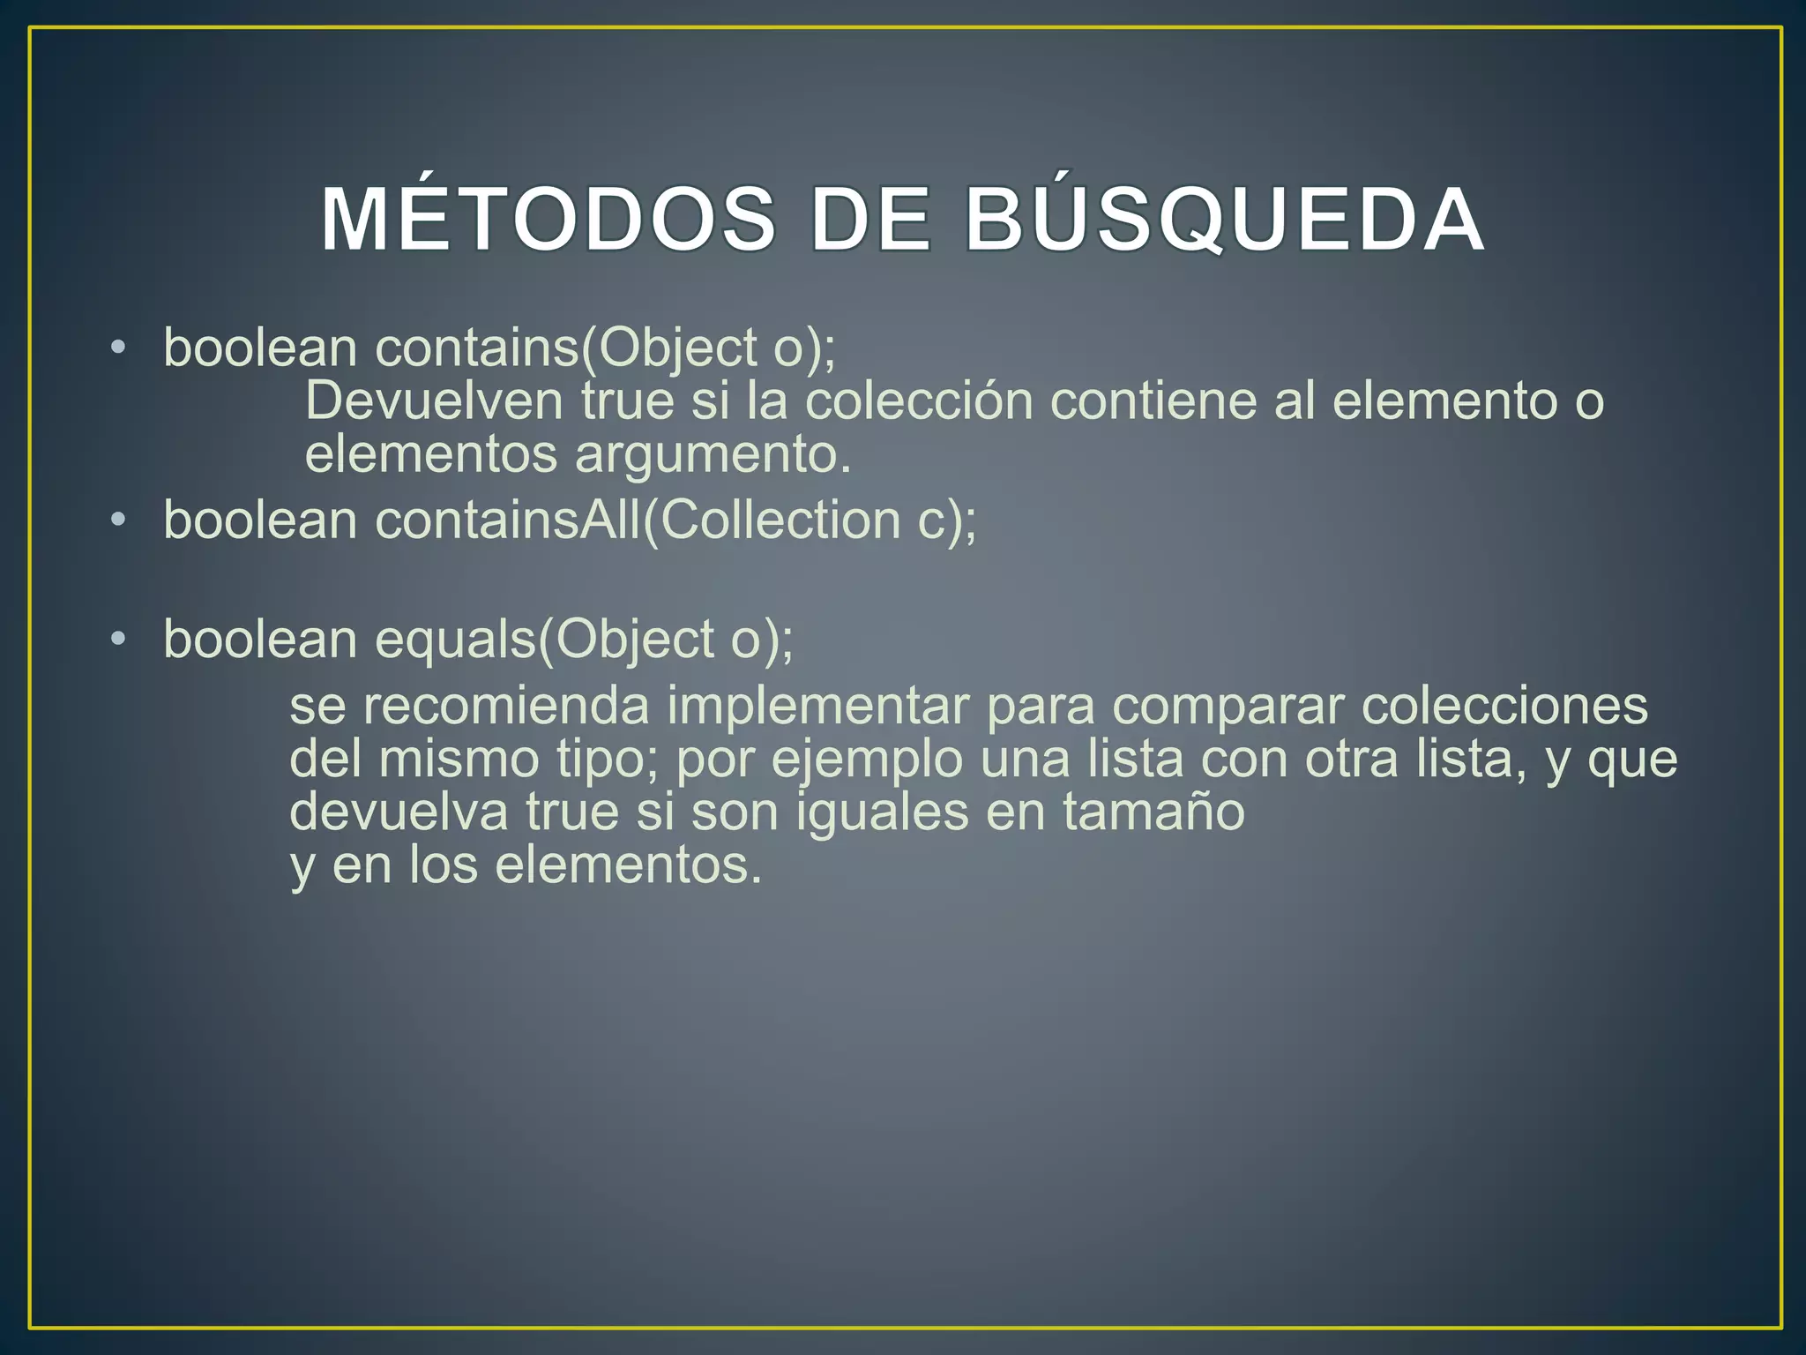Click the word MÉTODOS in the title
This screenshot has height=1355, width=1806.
tap(548, 220)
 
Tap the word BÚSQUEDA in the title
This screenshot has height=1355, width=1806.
tap(1225, 220)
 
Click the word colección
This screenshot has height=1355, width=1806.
tap(918, 401)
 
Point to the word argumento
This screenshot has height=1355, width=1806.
tap(713, 455)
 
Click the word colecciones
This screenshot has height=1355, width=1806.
tap(1504, 706)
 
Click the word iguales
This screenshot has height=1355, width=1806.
tap(882, 812)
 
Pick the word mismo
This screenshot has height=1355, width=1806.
tap(459, 760)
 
